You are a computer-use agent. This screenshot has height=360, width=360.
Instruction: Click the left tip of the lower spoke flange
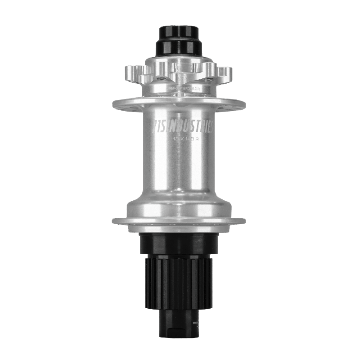(x=114, y=220)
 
